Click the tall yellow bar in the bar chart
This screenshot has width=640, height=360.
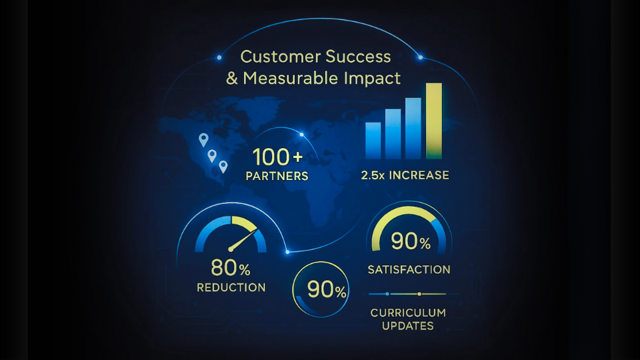[x=434, y=121]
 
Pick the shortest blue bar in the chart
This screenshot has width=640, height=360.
[x=373, y=141]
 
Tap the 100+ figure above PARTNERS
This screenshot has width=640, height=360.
[x=277, y=157]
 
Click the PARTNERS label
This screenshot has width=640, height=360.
[x=277, y=176]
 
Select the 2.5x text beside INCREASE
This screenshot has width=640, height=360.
[x=373, y=175]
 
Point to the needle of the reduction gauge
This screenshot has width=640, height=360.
[x=243, y=240]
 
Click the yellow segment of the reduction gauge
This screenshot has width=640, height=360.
[x=244, y=223]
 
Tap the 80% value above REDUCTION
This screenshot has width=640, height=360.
[x=231, y=268]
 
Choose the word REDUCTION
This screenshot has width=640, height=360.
[x=231, y=288]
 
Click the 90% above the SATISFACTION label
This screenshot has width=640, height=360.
[x=411, y=241]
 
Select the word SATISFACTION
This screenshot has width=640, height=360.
[x=409, y=270]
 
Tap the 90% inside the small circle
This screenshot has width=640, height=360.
[x=327, y=290]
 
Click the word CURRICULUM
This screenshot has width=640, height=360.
[x=408, y=313]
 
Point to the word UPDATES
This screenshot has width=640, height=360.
[x=408, y=326]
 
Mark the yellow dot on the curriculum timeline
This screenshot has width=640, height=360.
[x=419, y=294]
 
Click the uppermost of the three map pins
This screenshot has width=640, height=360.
[x=203, y=139]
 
